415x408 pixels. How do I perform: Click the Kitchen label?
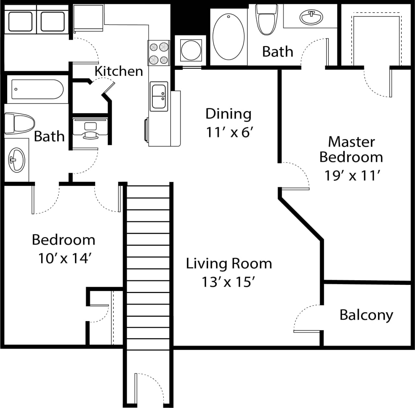[x=119, y=71]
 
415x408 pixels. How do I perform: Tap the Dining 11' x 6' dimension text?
[x=229, y=132]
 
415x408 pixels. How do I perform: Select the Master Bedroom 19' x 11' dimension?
[x=352, y=176]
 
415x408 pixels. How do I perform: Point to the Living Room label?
[x=229, y=264]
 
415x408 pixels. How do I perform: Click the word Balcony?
[x=366, y=315]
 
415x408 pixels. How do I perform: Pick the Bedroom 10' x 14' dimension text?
[x=64, y=258]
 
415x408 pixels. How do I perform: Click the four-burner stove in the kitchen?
[x=159, y=53]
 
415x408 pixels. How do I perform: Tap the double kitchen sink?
[x=159, y=96]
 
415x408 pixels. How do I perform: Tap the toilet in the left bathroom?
[x=19, y=123]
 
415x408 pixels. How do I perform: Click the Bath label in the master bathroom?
[x=278, y=52]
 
